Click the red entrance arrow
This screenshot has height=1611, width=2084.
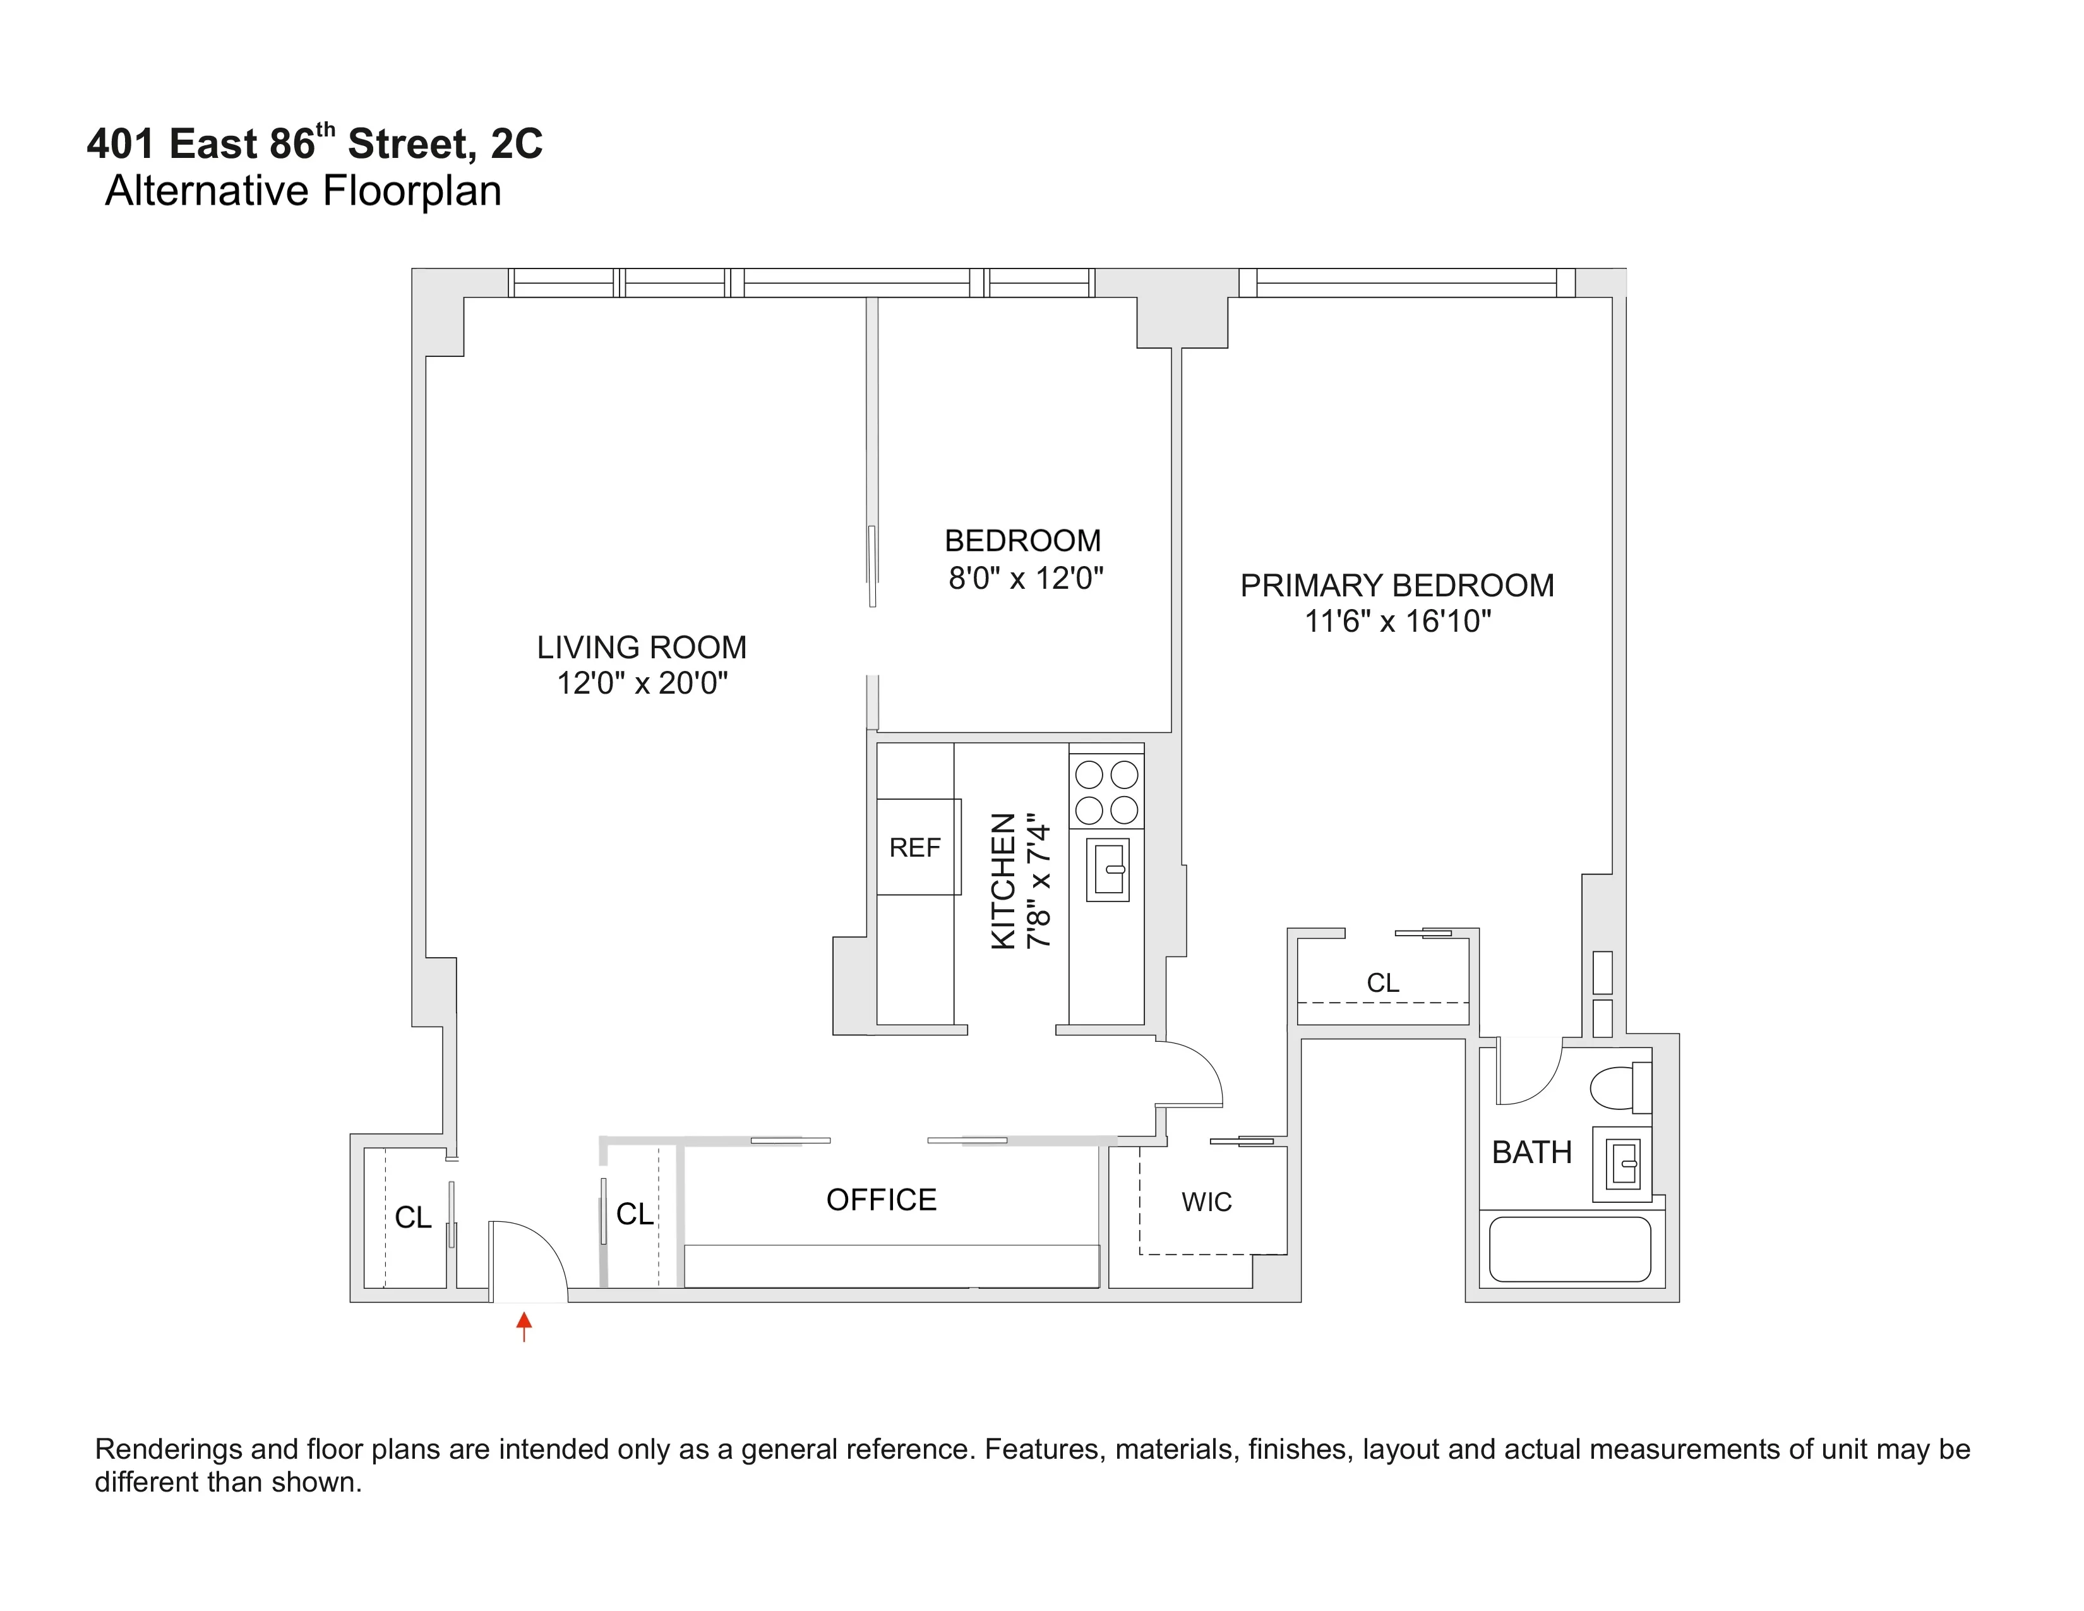tap(524, 1325)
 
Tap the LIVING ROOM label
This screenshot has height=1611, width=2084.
tap(641, 647)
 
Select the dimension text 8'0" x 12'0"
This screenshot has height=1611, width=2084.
tap(1025, 578)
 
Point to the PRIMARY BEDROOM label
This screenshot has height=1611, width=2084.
tap(1396, 585)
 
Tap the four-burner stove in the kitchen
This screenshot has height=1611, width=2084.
tap(1106, 791)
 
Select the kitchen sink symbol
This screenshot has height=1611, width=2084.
tap(1108, 869)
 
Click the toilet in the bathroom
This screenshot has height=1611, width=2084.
tap(1619, 1087)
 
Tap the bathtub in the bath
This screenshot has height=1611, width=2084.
tap(1570, 1248)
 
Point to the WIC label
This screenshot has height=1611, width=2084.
tap(1206, 1202)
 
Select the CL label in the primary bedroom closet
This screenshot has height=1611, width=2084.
tap(1382, 982)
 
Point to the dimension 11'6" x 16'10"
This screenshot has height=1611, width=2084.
tap(1397, 621)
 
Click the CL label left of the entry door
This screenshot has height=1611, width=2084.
tap(413, 1217)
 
